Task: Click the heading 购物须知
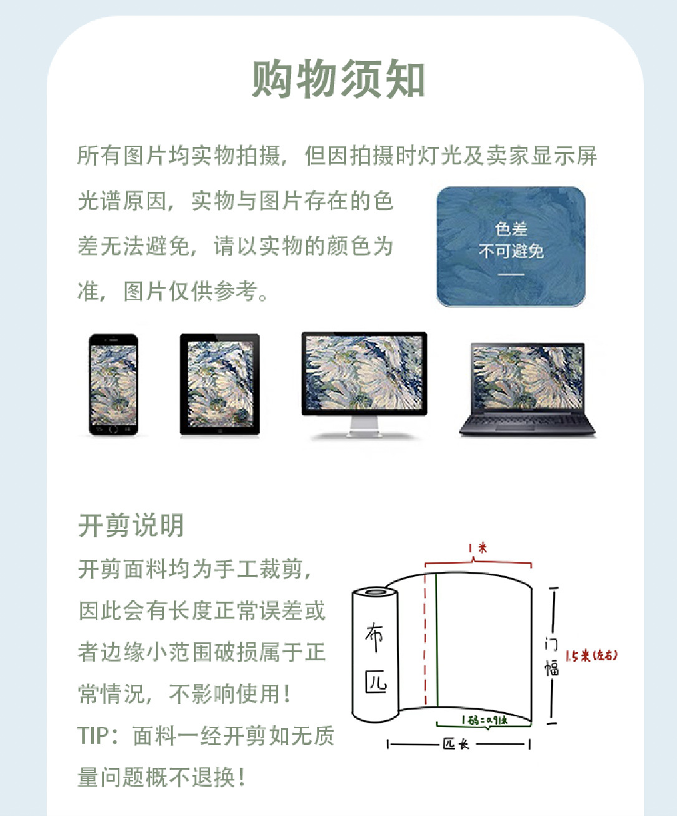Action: (x=338, y=79)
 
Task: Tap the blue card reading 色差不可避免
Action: (x=511, y=247)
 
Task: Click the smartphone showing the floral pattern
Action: (x=113, y=384)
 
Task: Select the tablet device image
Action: (x=220, y=384)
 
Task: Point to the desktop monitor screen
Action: (x=364, y=372)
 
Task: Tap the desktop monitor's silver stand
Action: (x=365, y=427)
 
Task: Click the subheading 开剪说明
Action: (x=131, y=526)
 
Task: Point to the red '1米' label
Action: (x=478, y=548)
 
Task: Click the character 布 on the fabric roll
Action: (x=374, y=637)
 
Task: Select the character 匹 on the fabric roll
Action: (x=376, y=682)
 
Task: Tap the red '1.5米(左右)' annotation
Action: (x=592, y=655)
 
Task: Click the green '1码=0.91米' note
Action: (x=484, y=719)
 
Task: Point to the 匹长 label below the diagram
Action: (x=456, y=744)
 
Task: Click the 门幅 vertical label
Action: (x=552, y=656)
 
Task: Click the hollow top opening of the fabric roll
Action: (x=374, y=591)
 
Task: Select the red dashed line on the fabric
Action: (x=425, y=639)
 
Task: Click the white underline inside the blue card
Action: (x=511, y=275)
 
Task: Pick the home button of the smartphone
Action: (x=113, y=429)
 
